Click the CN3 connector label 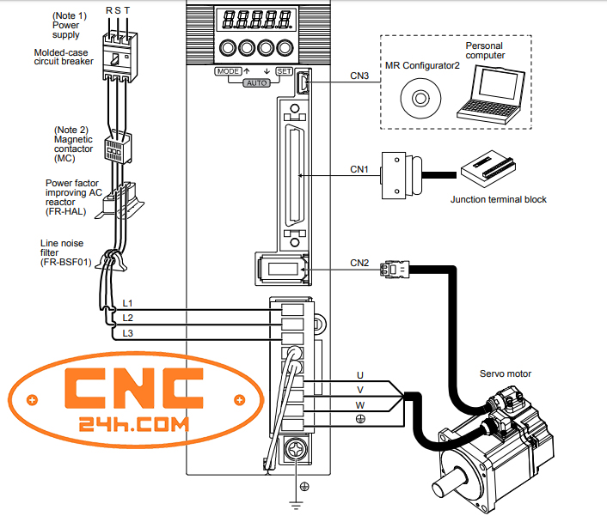coord(359,76)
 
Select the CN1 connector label coord(359,170)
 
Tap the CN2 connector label coord(359,263)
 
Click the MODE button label coord(229,71)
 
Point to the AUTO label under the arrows coord(256,83)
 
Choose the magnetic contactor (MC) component coord(117,148)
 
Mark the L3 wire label coord(127,333)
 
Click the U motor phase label coord(360,375)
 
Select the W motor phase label coord(360,404)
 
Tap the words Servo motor coord(505,373)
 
